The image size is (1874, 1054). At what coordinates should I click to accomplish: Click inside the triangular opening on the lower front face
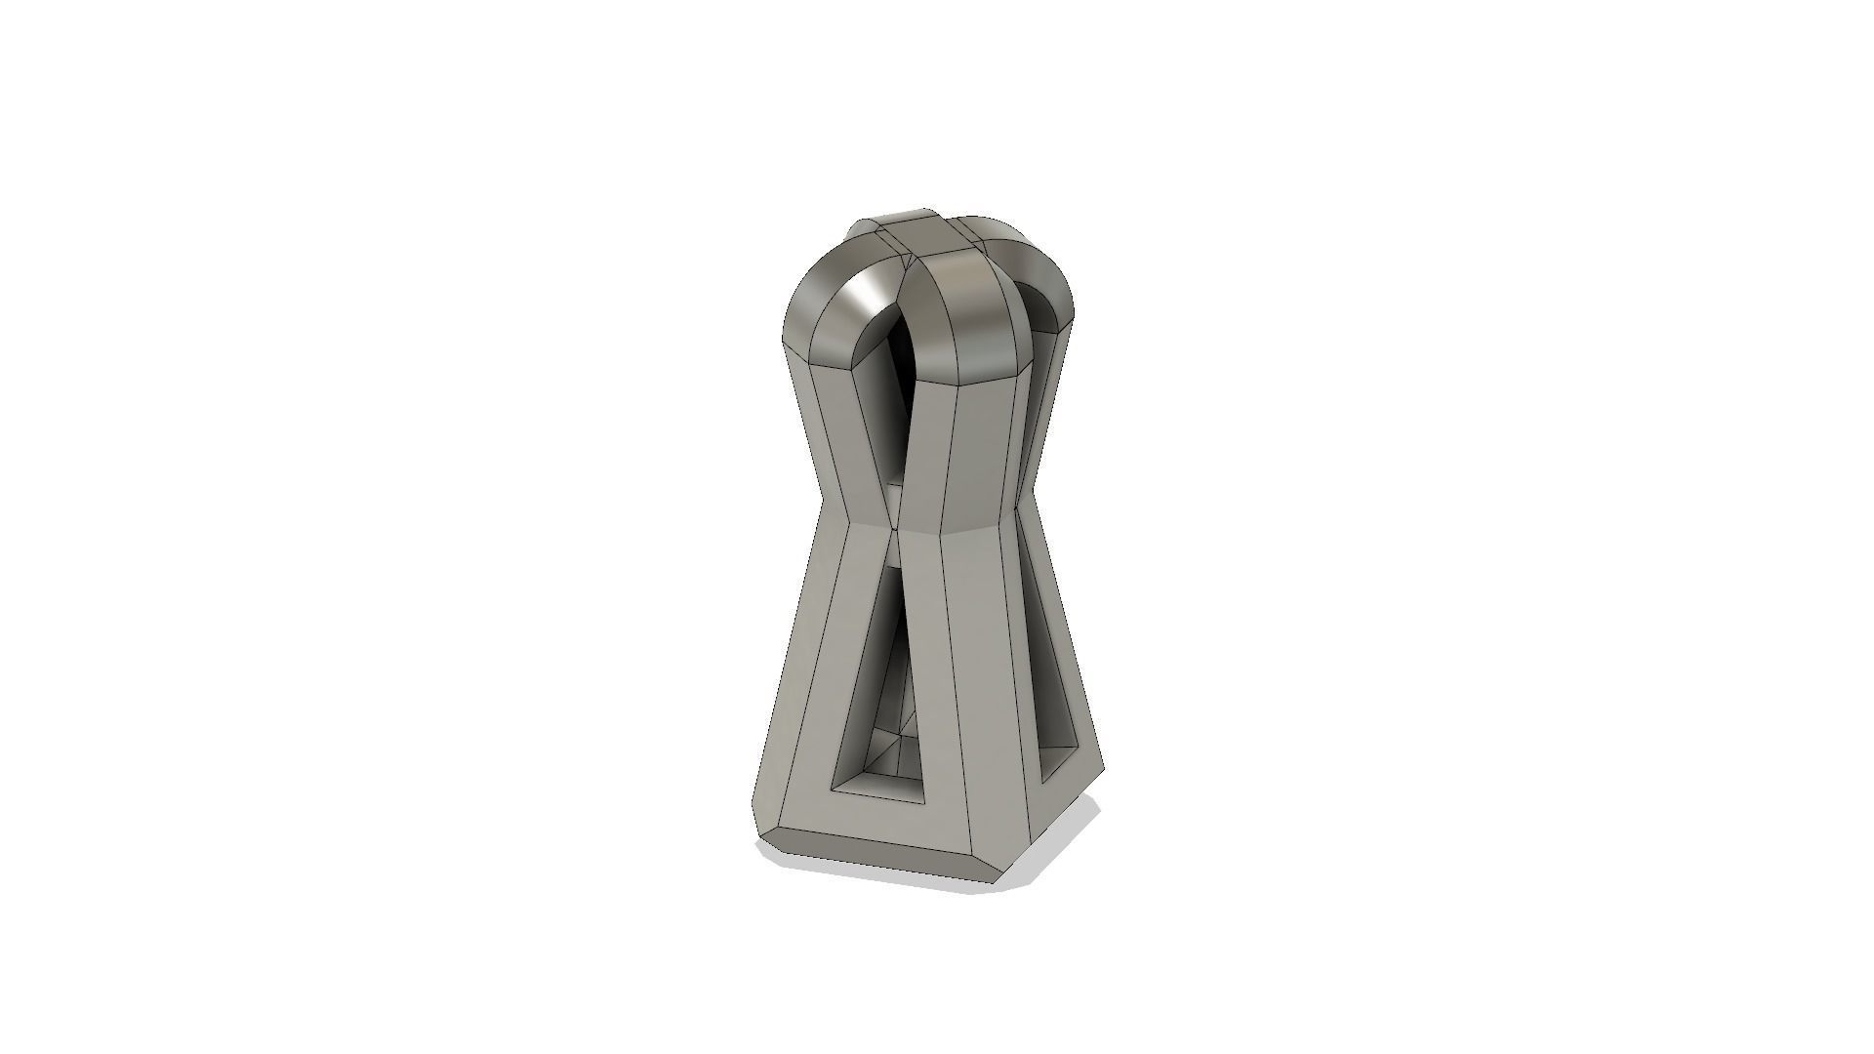point(883,703)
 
